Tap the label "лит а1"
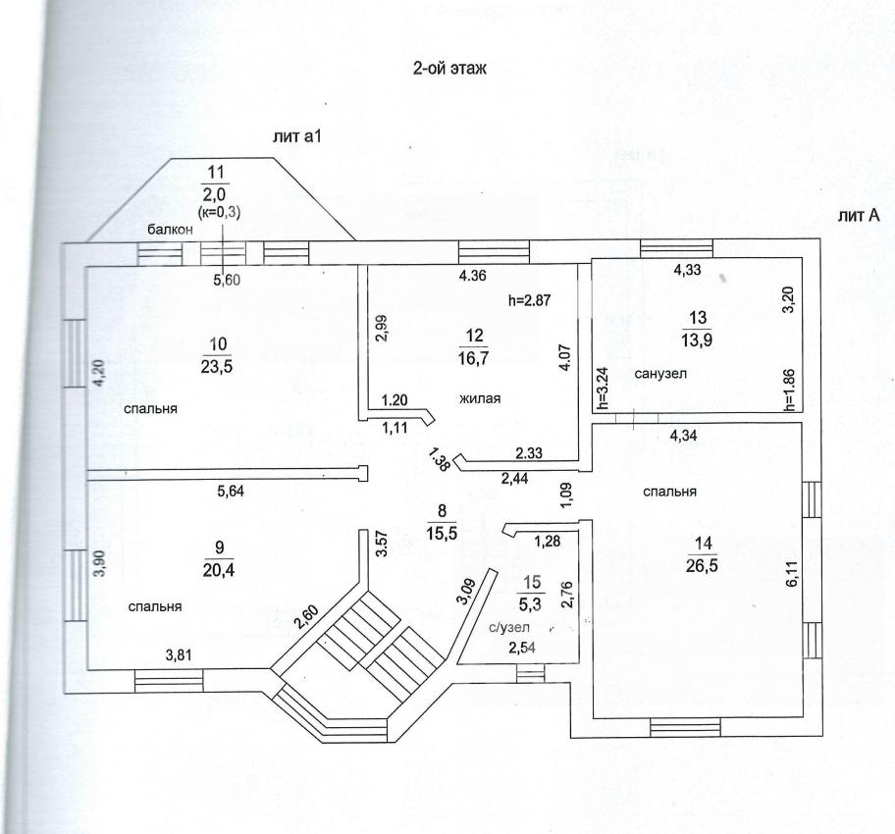[297, 137]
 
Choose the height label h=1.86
[788, 390]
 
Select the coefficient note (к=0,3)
[220, 211]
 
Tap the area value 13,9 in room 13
[697, 339]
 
